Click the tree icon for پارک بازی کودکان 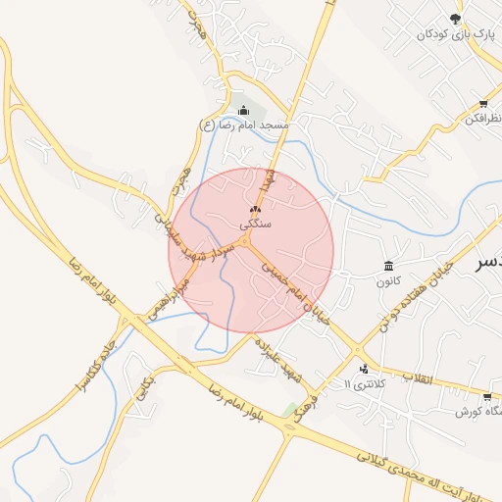455,19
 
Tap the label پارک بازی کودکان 452,34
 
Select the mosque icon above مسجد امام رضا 243,111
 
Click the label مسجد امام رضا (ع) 244,125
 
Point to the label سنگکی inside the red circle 255,224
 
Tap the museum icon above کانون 389,267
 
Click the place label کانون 389,281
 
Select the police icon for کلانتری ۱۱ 365,370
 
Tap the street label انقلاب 418,377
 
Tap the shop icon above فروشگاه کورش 487,397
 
